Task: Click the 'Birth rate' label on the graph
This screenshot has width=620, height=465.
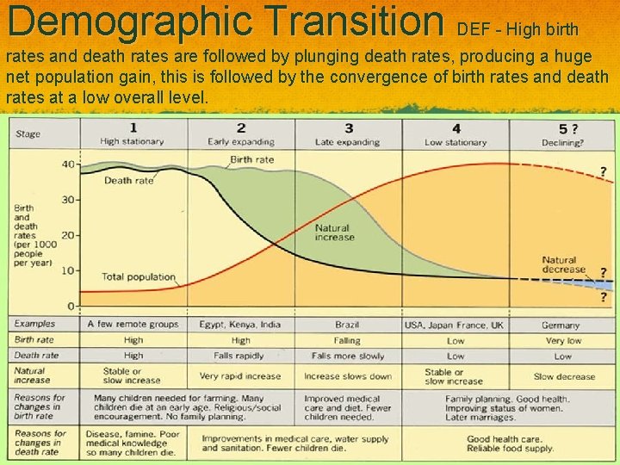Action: point(252,160)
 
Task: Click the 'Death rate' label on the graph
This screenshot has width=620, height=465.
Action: point(128,181)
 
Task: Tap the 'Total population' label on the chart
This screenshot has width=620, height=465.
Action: point(138,277)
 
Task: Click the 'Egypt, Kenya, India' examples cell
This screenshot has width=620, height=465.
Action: point(240,325)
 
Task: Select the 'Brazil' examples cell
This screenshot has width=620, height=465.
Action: point(347,325)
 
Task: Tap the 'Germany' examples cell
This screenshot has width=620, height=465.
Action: point(561,325)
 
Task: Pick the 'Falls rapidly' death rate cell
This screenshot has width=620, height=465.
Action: point(240,356)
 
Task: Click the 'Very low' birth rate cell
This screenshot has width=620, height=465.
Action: point(562,340)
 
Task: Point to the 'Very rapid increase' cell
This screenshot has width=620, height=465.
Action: point(240,376)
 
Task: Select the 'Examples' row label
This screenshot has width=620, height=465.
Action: point(34,325)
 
